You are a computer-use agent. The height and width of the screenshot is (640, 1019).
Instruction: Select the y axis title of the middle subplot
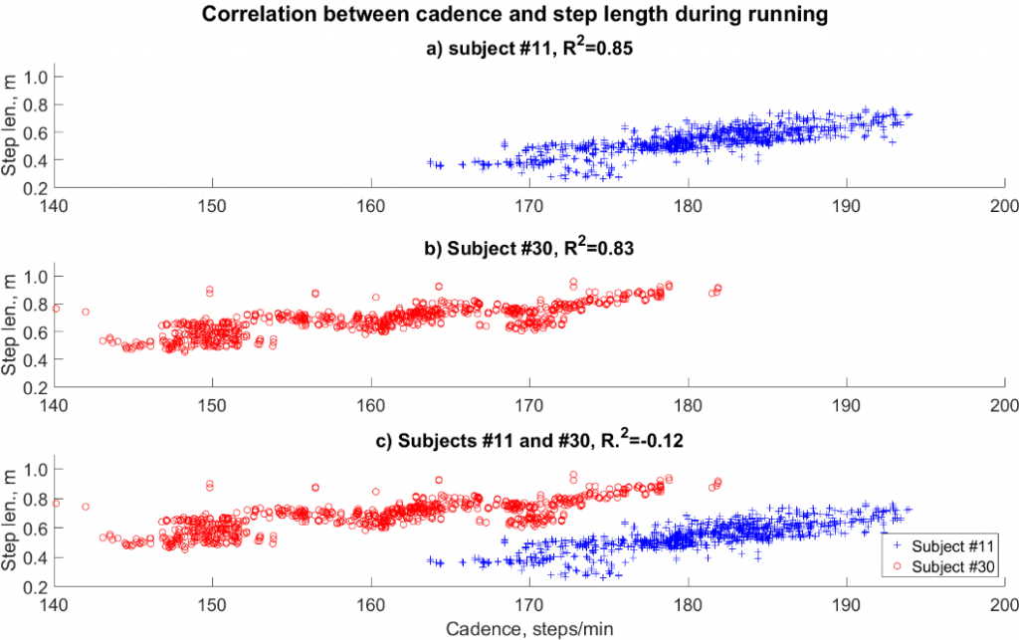tap(11, 332)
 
